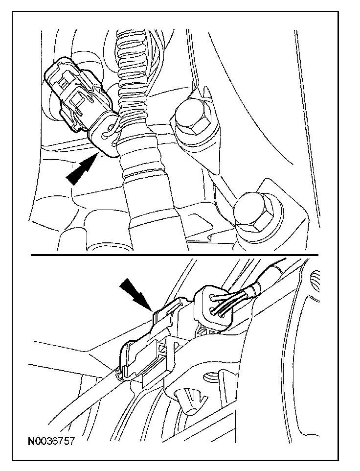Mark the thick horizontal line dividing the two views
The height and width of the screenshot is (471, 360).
pyautogui.click(x=174, y=255)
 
